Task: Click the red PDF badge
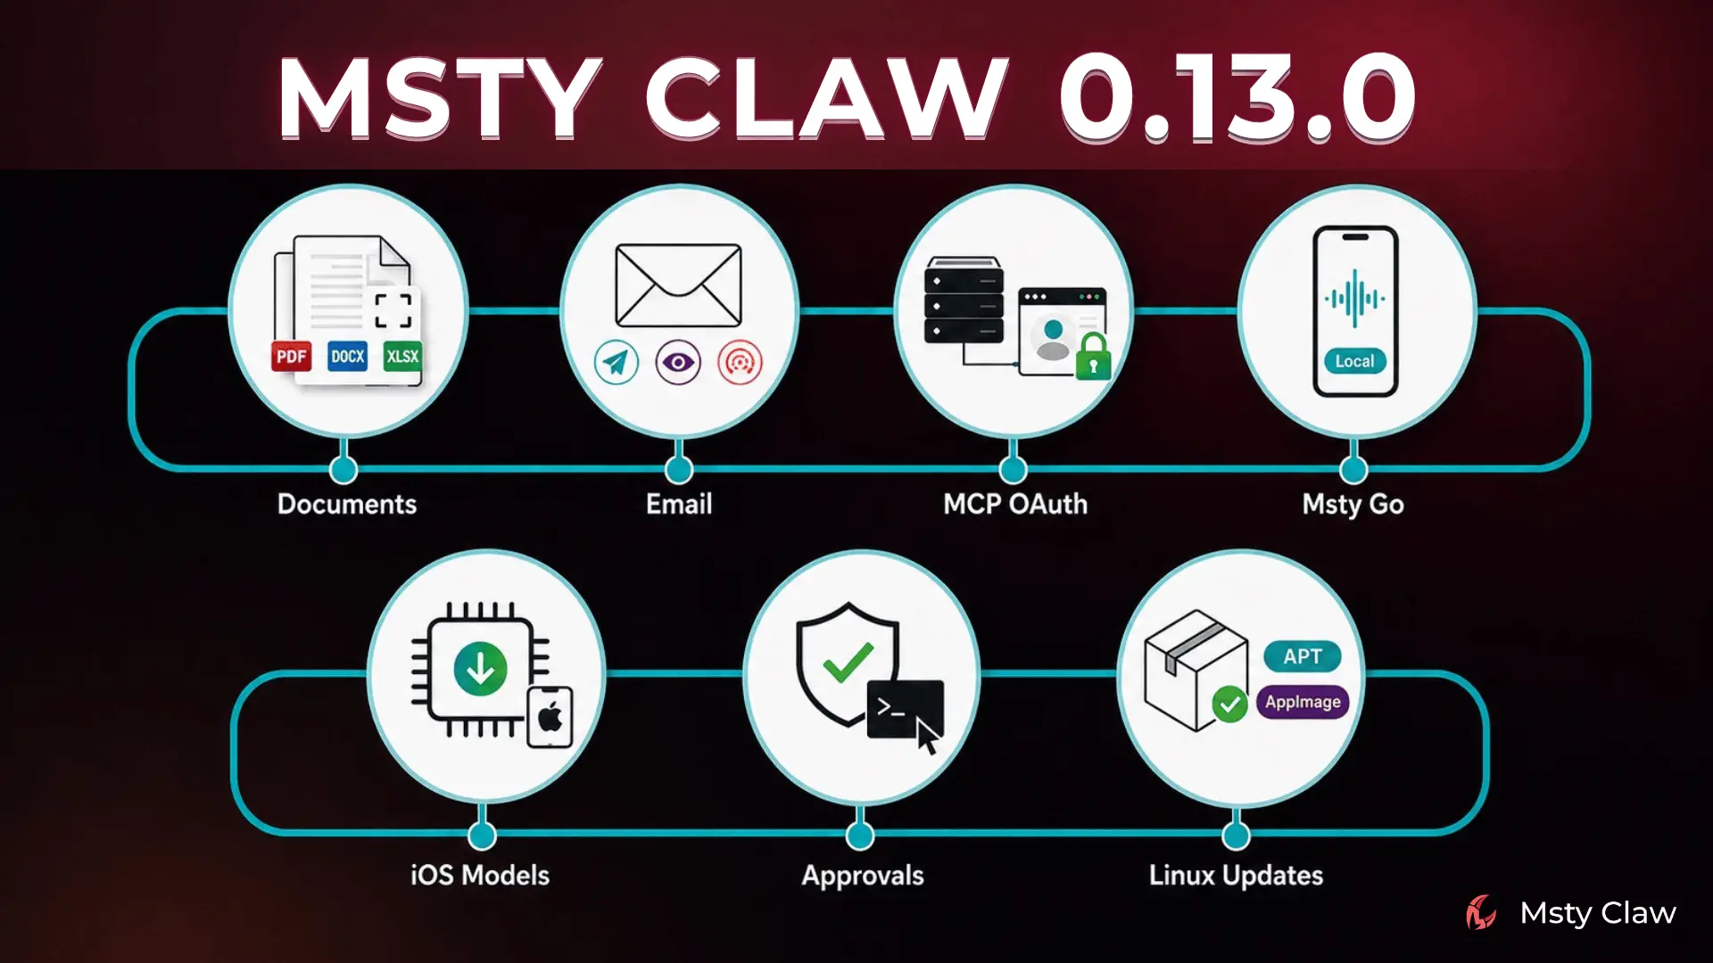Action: (x=292, y=357)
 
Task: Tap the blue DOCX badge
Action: (x=347, y=357)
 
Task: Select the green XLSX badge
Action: (x=402, y=357)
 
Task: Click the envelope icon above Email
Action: (x=678, y=285)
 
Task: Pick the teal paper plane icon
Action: (x=617, y=362)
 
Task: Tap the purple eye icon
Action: (x=678, y=362)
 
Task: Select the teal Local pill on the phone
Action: (x=1354, y=361)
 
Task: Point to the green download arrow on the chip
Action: (x=480, y=670)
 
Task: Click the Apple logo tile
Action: (x=550, y=717)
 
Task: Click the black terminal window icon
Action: (x=905, y=710)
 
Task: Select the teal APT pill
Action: (x=1303, y=657)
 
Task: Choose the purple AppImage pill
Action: (x=1303, y=702)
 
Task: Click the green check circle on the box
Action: (x=1229, y=704)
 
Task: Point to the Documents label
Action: (x=347, y=505)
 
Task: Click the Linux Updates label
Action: (x=1236, y=876)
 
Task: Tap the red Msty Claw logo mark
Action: (x=1482, y=913)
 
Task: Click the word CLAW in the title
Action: (x=826, y=97)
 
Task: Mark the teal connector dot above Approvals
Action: (x=860, y=835)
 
